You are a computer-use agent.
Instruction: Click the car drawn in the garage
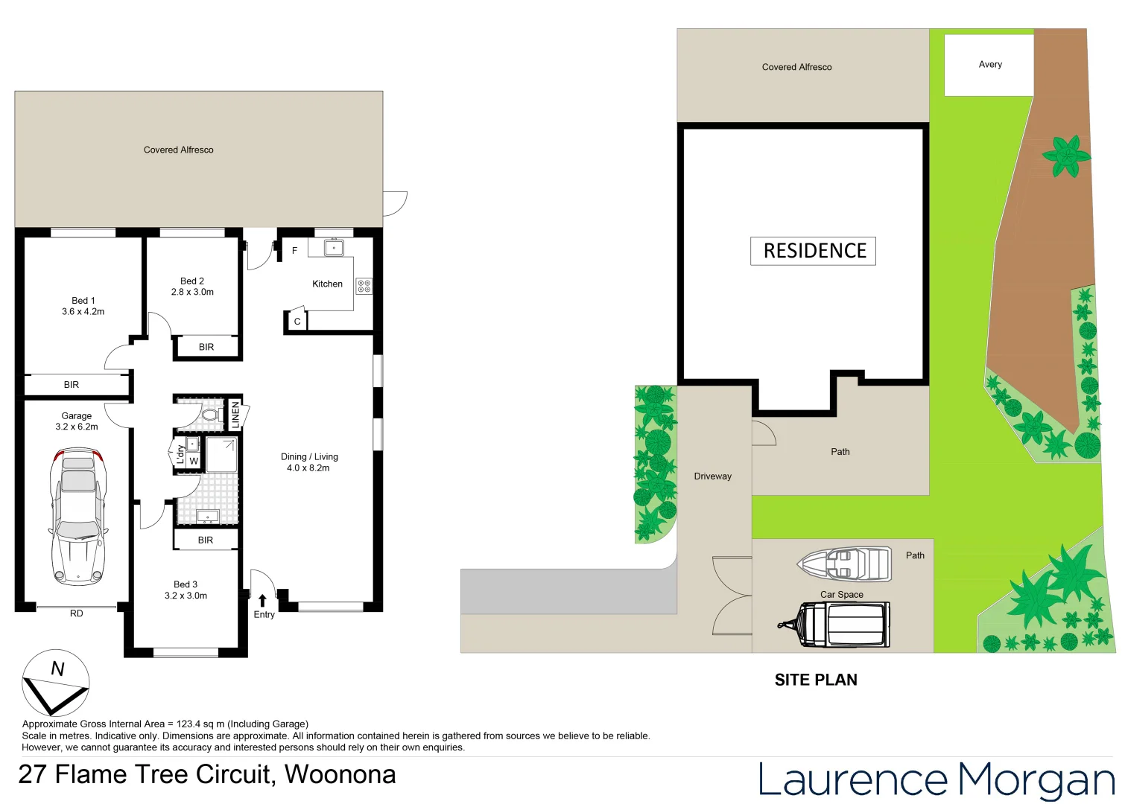77,517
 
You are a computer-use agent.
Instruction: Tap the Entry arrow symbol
262,601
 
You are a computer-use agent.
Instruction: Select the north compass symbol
56,683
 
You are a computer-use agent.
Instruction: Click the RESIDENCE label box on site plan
813,251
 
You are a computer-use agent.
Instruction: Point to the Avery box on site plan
989,65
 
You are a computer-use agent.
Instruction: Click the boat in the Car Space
845,564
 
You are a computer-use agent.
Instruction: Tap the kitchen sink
334,248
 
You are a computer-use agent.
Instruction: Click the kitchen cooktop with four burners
364,286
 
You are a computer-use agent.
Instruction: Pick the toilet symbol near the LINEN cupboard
211,415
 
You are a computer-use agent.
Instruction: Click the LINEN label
235,413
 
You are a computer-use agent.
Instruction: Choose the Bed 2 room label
192,281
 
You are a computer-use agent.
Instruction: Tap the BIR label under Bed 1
72,385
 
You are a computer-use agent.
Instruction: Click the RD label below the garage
77,613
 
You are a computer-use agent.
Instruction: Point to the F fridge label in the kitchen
294,251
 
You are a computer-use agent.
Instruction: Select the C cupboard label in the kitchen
297,322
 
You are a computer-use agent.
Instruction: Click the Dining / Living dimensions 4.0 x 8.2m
308,468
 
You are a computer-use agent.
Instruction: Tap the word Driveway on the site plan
712,476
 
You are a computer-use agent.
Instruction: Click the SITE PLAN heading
816,680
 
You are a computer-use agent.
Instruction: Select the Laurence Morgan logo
936,779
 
